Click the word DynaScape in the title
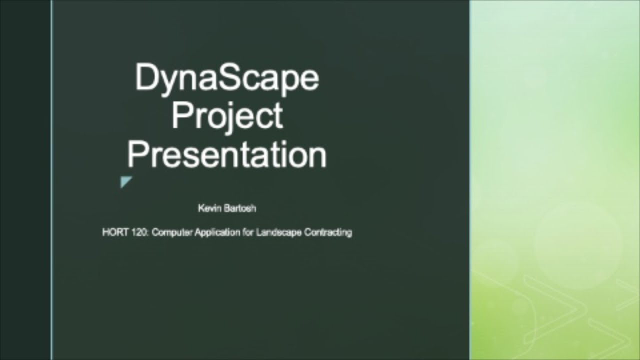tap(226, 78)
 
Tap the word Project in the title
tap(227, 116)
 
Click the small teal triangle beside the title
tap(125, 182)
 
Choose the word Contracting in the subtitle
tap(327, 232)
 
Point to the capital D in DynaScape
tap(145, 78)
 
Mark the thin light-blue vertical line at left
tap(51, 180)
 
